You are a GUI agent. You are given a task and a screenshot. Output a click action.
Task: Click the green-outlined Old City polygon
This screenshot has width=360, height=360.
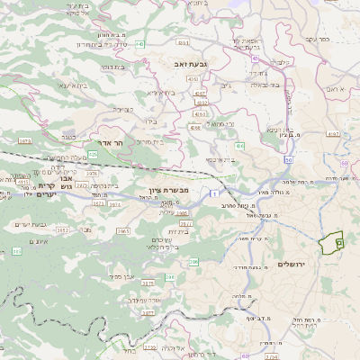[x=334, y=241]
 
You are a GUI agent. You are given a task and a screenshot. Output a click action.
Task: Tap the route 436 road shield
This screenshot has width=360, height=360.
[x=239, y=145]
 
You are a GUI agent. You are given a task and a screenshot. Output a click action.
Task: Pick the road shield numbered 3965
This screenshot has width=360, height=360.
[x=123, y=231]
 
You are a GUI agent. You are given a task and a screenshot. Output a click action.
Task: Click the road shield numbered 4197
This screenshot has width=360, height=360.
[x=333, y=134]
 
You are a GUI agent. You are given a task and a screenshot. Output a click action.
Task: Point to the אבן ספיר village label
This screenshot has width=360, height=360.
[x=123, y=276]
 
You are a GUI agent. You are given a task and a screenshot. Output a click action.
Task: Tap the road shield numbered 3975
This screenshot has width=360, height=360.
[x=147, y=283]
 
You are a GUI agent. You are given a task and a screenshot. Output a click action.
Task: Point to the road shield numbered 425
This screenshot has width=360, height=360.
[x=93, y=154]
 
